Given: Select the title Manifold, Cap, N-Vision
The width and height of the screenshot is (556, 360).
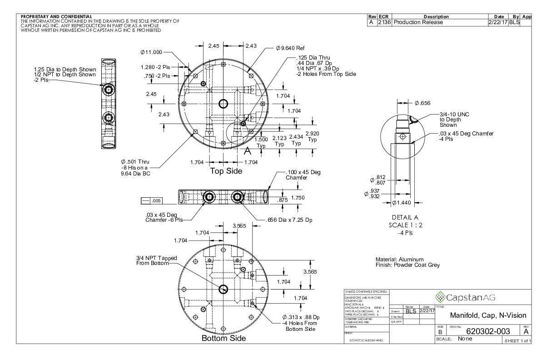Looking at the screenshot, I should (487, 315).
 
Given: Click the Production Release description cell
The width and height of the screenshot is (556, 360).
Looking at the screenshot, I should (418, 22).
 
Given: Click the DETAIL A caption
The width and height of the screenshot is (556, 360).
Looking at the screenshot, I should (401, 217).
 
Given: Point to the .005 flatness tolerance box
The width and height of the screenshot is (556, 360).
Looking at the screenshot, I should (152, 200).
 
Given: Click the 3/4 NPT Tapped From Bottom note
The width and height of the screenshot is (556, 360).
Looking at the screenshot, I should (156, 260).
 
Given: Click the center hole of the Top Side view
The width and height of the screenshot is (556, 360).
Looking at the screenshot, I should (223, 104).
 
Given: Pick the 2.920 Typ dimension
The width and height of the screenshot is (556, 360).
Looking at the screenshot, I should (313, 136).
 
